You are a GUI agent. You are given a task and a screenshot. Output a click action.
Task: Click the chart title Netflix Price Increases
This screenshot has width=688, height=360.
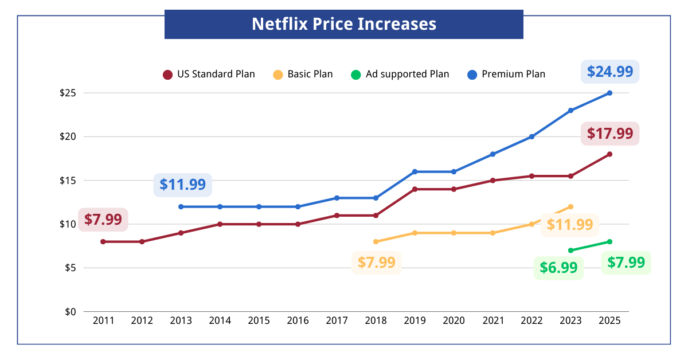pos(344,24)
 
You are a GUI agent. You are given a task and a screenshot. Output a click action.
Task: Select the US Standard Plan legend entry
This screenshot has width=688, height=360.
pos(209,75)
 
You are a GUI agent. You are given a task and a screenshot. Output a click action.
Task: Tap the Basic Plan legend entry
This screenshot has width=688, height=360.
pos(303,75)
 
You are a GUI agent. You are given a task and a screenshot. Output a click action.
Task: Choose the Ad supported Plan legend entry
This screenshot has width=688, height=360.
pos(400,75)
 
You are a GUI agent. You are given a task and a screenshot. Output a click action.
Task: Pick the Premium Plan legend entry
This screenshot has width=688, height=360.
pos(506,75)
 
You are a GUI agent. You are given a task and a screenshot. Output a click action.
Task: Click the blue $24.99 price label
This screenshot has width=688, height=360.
pos(609,72)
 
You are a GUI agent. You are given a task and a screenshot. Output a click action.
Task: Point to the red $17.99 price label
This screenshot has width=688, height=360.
pos(609,134)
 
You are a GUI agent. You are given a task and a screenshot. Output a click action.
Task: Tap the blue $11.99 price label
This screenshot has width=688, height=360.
pos(182,185)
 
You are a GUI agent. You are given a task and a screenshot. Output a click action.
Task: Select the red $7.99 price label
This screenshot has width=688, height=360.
pos(103,220)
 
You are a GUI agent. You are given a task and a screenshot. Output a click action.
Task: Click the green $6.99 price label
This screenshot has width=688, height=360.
pos(558,268)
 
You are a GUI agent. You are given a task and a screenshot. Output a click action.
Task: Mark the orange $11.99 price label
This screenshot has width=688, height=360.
pos(569,225)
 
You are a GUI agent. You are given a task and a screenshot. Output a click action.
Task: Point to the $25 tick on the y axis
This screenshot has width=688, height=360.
pos(68,93)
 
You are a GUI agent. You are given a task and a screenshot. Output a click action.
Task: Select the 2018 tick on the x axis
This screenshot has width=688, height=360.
pos(376,321)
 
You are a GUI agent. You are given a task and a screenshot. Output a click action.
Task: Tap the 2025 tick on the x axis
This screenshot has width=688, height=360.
pos(609,321)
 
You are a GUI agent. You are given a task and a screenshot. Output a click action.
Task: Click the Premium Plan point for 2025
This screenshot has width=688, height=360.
pos(609,93)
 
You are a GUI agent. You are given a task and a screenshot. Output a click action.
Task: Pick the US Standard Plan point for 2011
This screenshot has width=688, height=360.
pos(103,242)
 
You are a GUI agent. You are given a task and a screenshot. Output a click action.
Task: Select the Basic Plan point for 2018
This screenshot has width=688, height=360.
pos(376,242)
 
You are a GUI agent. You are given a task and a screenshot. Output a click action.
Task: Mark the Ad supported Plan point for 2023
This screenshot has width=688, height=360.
pos(570,251)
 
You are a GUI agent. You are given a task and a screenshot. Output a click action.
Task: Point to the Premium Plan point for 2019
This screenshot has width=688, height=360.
pos(415,171)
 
